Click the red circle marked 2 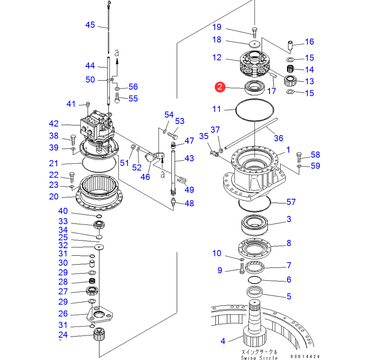coord(220,87)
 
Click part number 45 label coord(90,25)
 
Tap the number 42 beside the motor coord(53,124)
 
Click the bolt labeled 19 coord(254,33)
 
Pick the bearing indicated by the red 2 coord(254,87)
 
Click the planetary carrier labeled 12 coord(254,64)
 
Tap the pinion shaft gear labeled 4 coord(254,326)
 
